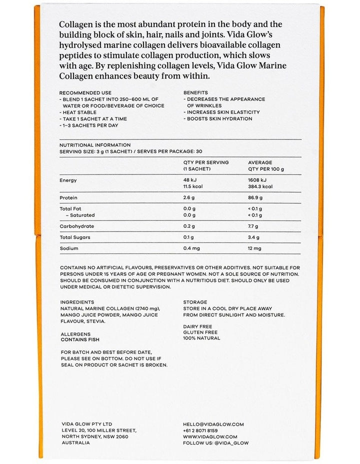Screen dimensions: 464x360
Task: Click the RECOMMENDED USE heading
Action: (85, 93)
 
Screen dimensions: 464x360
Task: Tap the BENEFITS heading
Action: (195, 93)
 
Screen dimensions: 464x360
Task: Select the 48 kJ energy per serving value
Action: (190, 180)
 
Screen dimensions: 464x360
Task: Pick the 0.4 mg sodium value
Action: (193, 248)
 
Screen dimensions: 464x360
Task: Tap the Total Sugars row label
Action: (75, 237)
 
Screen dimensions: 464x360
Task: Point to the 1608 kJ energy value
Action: (257, 180)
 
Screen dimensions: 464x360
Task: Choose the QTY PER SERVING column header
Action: (206, 162)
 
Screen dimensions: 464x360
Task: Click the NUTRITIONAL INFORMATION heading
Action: (95, 145)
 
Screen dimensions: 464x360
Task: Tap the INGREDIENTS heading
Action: (77, 302)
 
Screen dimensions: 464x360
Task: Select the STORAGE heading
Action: (195, 302)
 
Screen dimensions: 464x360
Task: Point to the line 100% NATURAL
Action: (201, 338)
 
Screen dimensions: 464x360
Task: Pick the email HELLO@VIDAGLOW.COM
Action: (213, 424)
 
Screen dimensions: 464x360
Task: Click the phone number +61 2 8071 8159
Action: (200, 430)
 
